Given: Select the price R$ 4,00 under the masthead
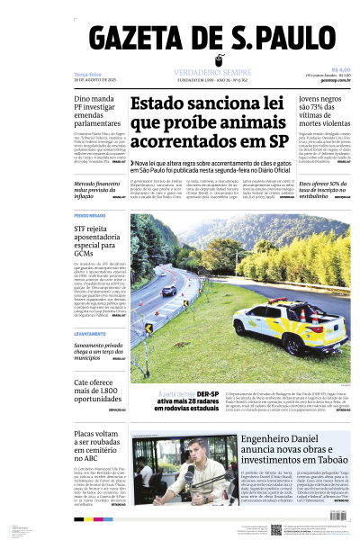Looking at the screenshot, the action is pyautogui.click(x=340, y=70).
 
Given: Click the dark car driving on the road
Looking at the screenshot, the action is pyautogui.click(x=168, y=291).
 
